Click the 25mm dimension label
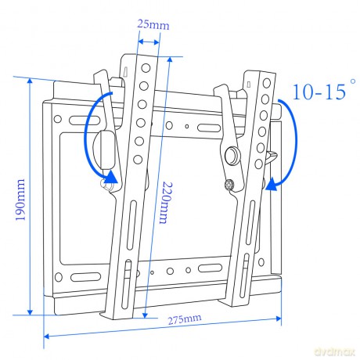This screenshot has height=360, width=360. click(x=153, y=24)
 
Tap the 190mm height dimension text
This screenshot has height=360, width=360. click(x=20, y=200)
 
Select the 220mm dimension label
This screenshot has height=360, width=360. click(x=166, y=203)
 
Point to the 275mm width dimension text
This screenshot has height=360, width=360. click(x=184, y=319)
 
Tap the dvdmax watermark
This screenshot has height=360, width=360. click(x=335, y=351)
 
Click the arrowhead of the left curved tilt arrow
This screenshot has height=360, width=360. click(x=112, y=178)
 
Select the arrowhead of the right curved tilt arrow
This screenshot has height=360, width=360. click(x=272, y=184)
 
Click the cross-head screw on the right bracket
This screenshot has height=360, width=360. click(x=229, y=185)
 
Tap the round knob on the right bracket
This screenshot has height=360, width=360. click(x=233, y=156)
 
